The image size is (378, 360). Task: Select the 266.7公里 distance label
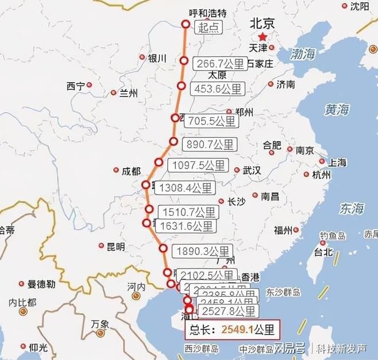pos(219,63)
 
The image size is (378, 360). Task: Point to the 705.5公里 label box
pos(210,121)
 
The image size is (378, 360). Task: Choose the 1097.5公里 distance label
pos(198,165)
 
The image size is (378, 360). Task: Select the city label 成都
pos(131,171)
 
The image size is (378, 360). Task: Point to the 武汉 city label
pos(252,170)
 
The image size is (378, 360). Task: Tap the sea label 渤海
pos(303,55)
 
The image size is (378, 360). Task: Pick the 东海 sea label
pos(351,208)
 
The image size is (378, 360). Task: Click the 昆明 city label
pos(115,247)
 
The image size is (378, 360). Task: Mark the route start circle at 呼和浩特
pos(186,24)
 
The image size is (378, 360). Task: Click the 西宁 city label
pos(75,86)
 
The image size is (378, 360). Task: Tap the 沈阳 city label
pos(359,6)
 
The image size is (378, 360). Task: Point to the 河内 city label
pos(136,286)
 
